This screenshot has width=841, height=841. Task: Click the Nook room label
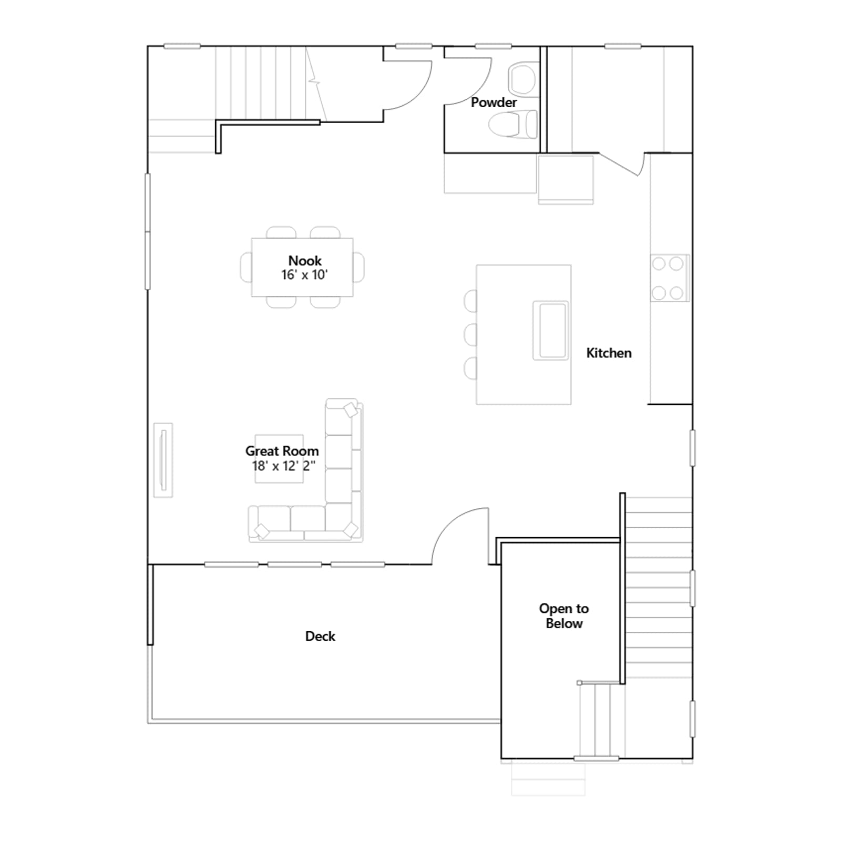tap(305, 261)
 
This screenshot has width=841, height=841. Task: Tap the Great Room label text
tap(282, 451)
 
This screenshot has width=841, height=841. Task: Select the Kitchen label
tap(609, 353)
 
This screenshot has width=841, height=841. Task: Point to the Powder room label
tap(494, 102)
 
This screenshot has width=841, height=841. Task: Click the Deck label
tap(320, 636)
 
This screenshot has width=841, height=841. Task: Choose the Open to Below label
tap(564, 616)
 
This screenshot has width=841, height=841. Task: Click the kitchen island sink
tap(550, 331)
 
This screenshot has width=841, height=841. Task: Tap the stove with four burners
tap(670, 278)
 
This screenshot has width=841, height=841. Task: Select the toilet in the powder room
tap(513, 125)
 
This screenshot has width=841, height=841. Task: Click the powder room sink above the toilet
tap(523, 79)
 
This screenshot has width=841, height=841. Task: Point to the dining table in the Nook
tap(302, 267)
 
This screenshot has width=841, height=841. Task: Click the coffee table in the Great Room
tap(279, 459)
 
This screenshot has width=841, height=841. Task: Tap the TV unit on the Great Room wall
tap(163, 460)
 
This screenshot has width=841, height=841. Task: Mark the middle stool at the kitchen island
tap(470, 334)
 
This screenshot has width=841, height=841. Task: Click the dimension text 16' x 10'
tap(305, 275)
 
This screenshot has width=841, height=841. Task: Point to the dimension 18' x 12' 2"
tap(283, 466)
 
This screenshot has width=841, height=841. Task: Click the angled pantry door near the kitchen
tap(620, 163)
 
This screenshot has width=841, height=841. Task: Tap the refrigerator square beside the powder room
tap(566, 178)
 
